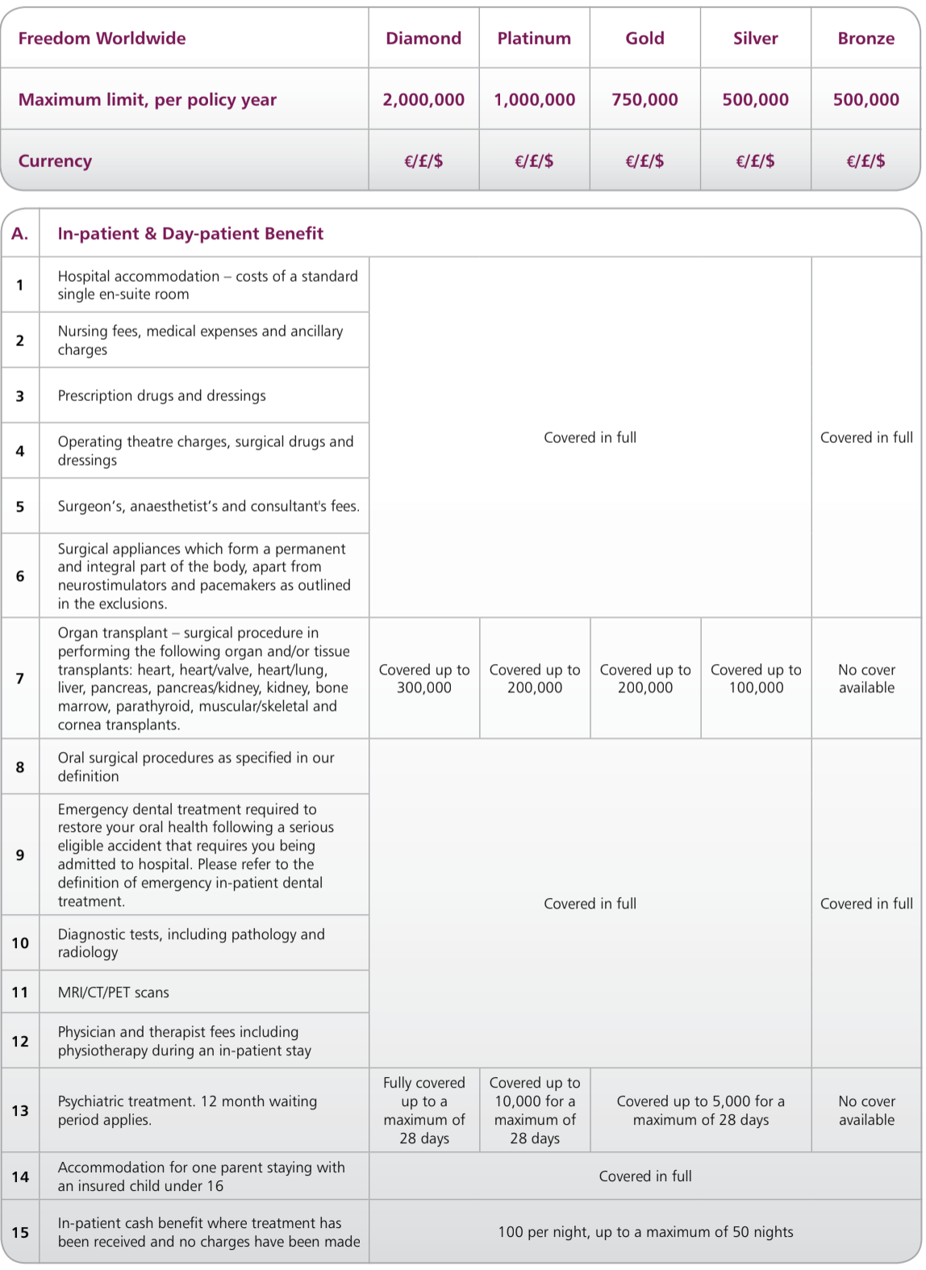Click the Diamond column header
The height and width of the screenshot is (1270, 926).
423,39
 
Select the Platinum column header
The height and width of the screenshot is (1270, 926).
534,39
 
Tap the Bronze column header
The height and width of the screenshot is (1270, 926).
866,39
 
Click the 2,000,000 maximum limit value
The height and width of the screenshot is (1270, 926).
423,100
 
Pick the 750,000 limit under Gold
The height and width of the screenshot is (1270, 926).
644,100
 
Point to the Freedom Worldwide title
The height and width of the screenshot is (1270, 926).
102,39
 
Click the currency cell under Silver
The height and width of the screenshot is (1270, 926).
755,161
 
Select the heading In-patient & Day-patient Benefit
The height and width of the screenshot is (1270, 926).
190,234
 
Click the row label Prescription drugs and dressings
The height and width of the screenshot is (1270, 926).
161,396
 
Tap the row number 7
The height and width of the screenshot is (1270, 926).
20,679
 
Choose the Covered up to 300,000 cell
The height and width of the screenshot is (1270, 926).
424,679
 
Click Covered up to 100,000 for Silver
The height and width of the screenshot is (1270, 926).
756,679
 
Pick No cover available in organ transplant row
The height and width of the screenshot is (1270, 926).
866,679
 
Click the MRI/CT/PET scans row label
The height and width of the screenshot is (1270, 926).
114,992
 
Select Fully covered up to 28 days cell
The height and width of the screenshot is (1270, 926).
424,1110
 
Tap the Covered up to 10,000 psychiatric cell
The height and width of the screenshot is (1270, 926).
535,1110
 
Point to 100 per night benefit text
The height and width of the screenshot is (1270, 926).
645,1232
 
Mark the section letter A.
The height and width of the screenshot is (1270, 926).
20,234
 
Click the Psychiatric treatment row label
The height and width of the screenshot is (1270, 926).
187,1110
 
